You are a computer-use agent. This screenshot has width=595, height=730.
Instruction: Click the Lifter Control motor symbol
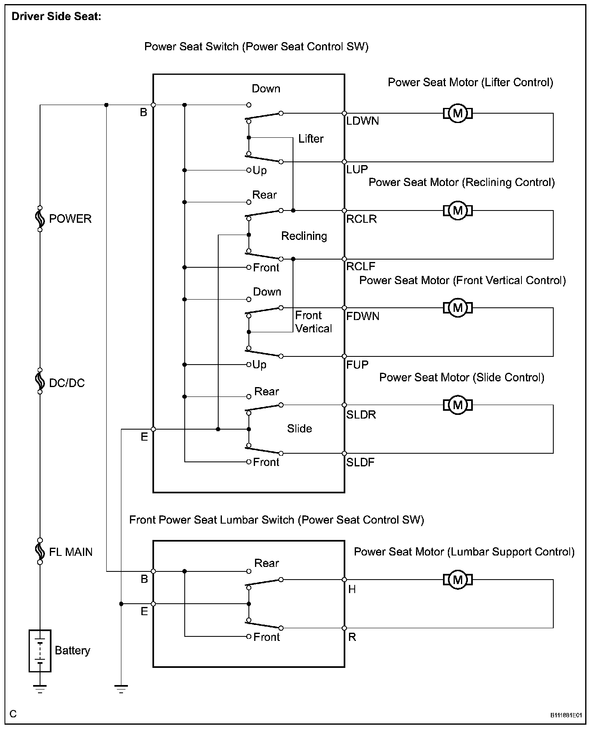point(458,113)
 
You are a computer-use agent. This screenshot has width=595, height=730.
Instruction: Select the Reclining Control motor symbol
point(458,210)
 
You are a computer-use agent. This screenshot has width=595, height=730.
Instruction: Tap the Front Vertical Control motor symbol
point(458,308)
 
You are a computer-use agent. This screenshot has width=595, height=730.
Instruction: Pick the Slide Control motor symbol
point(458,405)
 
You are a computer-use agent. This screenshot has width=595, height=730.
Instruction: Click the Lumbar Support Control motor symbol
point(458,580)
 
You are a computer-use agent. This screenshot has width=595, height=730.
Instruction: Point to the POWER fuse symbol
point(40,219)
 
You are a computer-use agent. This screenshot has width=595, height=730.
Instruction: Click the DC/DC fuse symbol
point(40,381)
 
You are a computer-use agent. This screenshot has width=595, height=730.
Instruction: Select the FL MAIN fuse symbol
point(40,551)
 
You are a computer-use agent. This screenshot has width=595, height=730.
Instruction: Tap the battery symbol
point(40,651)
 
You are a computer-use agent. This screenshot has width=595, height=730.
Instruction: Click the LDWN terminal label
point(362,121)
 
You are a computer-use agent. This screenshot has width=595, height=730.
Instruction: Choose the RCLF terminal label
point(360,266)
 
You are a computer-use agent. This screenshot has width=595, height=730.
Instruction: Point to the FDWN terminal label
point(362,316)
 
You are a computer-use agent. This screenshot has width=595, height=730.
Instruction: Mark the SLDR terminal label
point(361,414)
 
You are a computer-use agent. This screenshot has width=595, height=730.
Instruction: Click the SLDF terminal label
point(360,462)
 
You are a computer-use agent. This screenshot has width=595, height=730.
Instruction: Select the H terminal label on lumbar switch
point(352,589)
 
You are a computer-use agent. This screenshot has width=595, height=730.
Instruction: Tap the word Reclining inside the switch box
point(304,236)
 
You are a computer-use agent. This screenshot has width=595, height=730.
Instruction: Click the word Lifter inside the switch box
point(311,139)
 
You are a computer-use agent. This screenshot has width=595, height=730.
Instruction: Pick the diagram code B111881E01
point(566,715)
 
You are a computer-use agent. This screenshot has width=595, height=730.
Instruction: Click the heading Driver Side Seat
point(56,17)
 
